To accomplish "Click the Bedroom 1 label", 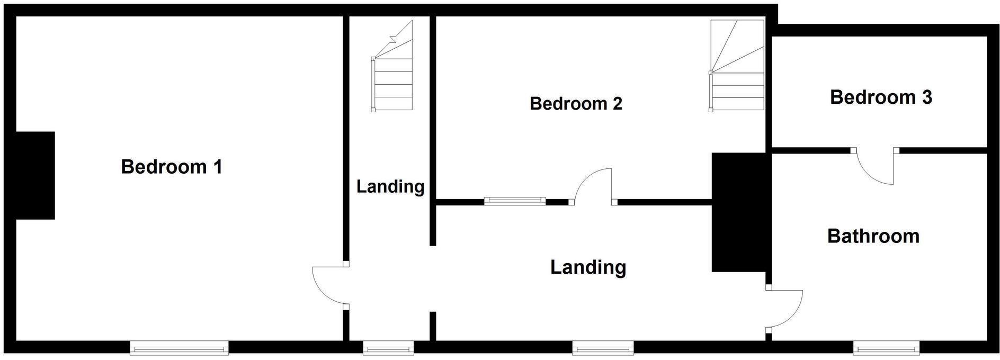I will coord(172,167).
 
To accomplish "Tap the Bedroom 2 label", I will coord(576,103).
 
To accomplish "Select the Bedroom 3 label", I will coord(881,97).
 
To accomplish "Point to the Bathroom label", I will coord(873,236).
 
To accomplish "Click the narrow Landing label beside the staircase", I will coord(390,186).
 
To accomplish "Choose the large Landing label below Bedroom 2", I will coord(588,267).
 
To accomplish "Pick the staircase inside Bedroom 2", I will coord(737,66).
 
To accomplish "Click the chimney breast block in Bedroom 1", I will coord(35,175).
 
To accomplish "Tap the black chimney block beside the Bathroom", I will coord(739,212).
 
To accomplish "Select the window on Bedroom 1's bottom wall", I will coord(179,348).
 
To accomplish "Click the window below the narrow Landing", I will coord(388,348).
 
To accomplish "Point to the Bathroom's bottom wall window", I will coord(886,348).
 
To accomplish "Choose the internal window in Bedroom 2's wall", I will coord(515,201).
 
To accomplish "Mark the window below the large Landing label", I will coord(603,348).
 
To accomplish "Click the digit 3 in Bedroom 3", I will coord(926,97).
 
